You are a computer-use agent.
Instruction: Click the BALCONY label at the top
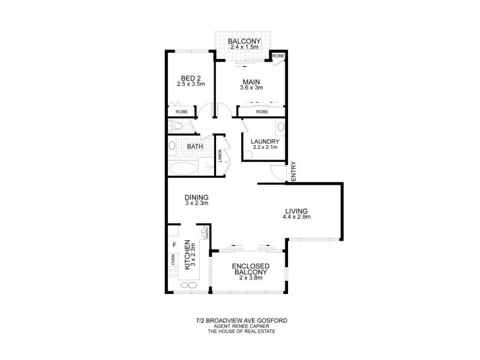click(x=244, y=40)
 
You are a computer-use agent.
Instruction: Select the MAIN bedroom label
click(x=250, y=82)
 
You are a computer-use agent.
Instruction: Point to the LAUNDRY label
click(x=265, y=142)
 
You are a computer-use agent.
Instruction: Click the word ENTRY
click(x=293, y=170)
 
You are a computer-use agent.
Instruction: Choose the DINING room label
click(x=196, y=197)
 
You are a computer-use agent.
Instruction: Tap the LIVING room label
click(x=296, y=211)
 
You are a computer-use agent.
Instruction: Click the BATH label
click(x=194, y=146)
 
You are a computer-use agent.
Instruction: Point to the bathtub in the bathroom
click(x=182, y=167)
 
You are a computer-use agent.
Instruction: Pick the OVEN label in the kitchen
click(x=173, y=259)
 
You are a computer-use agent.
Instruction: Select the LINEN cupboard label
click(x=220, y=155)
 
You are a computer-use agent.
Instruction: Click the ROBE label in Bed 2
click(x=182, y=112)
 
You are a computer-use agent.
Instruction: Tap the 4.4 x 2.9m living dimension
click(x=296, y=217)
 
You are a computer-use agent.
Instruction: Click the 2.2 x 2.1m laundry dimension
click(x=265, y=147)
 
